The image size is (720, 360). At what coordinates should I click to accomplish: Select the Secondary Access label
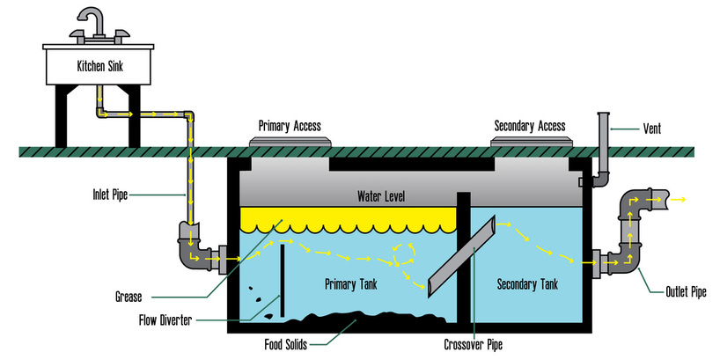(x=528, y=125)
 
